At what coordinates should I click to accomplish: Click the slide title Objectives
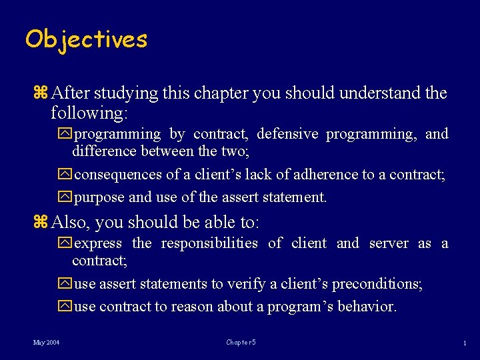pyautogui.click(x=86, y=39)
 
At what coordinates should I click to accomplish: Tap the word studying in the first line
pyautogui.click(x=116, y=93)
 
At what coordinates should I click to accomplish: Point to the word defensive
pyautogui.click(x=287, y=134)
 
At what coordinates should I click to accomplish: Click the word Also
pyautogui.click(x=69, y=222)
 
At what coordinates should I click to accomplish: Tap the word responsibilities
pyautogui.click(x=209, y=243)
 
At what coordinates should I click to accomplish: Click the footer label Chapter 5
pyautogui.click(x=241, y=343)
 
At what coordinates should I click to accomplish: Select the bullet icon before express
pyautogui.click(x=65, y=243)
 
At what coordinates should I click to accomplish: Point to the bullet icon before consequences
pyautogui.click(x=65, y=175)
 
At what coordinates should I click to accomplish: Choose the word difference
pyautogui.click(x=105, y=151)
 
